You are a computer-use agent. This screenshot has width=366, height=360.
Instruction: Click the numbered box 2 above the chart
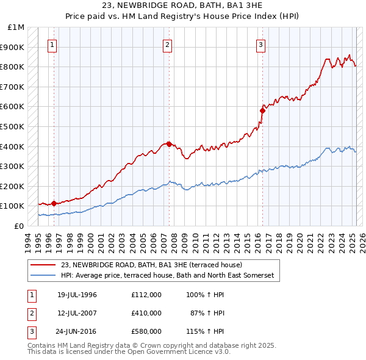[167, 44]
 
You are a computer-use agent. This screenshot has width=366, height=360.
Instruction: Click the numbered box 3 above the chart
[260, 44]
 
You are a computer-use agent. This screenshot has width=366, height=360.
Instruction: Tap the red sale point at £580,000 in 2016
[263, 110]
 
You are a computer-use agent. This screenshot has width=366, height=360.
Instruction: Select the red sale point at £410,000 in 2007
[169, 144]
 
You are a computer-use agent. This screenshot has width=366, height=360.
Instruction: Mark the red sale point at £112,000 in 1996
[54, 203]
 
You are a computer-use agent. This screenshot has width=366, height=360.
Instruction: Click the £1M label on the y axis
[16, 27]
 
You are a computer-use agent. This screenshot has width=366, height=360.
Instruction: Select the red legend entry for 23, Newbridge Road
[151, 265]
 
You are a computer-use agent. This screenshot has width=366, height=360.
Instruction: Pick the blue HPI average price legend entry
[167, 276]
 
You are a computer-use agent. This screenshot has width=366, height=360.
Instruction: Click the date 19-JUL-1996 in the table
[77, 295]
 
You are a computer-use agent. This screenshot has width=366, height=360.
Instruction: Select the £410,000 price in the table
[146, 313]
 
